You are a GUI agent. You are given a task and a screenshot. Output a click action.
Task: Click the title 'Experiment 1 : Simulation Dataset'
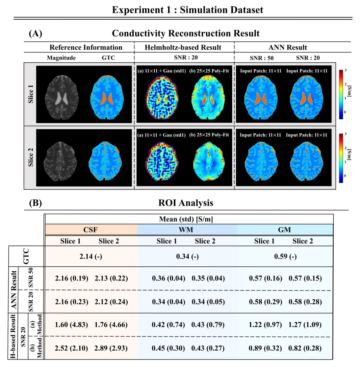coord(188,10)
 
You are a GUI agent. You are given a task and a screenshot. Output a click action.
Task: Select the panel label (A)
coord(36,34)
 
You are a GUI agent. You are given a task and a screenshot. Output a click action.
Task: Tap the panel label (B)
coord(36,203)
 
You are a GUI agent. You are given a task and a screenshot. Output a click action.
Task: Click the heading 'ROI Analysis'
coord(186,203)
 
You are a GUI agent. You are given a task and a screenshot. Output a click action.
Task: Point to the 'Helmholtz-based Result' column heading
coord(183,47)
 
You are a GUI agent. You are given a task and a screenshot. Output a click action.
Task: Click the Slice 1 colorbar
coord(341,94)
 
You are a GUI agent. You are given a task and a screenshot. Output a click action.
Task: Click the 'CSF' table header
coord(90,230)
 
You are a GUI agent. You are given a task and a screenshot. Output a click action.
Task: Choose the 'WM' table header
coord(186,230)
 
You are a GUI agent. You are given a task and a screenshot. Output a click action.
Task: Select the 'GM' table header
coord(284,230)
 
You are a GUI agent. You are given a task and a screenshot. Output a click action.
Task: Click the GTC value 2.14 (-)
coord(90,257)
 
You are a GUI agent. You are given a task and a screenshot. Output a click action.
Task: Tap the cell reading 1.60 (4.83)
coord(71,325)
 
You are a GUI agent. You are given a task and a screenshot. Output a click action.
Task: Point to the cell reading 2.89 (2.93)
coord(111,348)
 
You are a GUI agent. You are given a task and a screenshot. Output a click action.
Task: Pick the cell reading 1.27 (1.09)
coord(305,325)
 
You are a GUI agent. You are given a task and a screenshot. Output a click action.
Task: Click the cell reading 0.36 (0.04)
coord(168,278)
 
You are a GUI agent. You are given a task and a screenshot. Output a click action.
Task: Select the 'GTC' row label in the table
coord(26,256)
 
